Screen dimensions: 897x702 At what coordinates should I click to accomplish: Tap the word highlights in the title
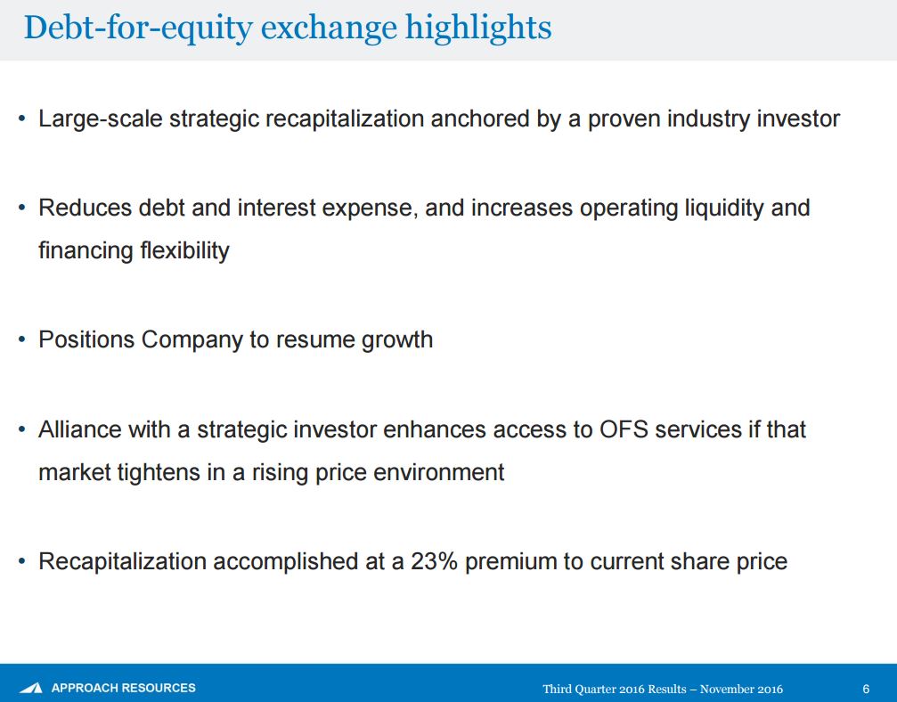[x=478, y=29]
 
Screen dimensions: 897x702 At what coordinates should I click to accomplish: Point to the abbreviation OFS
[x=624, y=429]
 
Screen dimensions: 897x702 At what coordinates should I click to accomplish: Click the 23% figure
[x=434, y=561]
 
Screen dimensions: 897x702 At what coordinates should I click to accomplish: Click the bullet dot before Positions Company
[x=21, y=339]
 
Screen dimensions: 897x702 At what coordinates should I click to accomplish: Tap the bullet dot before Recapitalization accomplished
[x=21, y=562]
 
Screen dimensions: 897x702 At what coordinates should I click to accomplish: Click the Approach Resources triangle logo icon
[x=31, y=688]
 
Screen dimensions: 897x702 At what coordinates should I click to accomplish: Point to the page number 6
[x=866, y=689]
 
